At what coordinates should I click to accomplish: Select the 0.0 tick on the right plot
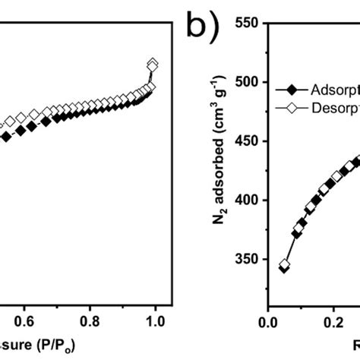(267, 321)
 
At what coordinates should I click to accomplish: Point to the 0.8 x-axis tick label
(90, 321)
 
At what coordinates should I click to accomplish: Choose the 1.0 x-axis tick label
(155, 321)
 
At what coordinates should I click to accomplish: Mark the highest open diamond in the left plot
(153, 65)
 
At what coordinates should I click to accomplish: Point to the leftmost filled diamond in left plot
(6, 137)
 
